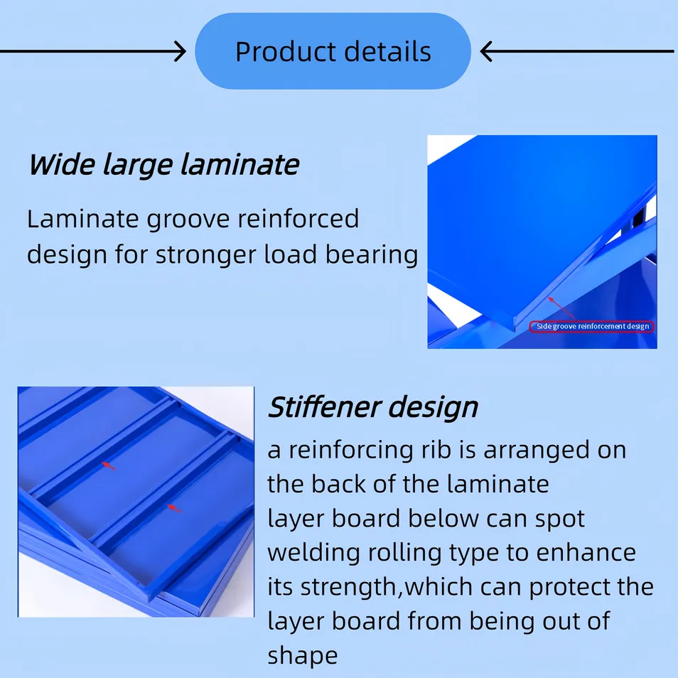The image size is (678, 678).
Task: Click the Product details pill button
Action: coord(333,52)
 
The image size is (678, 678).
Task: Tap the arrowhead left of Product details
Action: coord(181,51)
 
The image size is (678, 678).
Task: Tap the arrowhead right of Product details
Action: coord(486,51)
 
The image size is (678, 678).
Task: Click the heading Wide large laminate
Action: coord(163,165)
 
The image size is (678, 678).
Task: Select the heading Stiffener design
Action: coord(372,408)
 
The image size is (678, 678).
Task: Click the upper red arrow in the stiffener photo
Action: coord(109,466)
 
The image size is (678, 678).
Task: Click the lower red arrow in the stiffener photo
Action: coord(174,507)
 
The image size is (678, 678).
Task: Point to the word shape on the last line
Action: coord(302,655)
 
